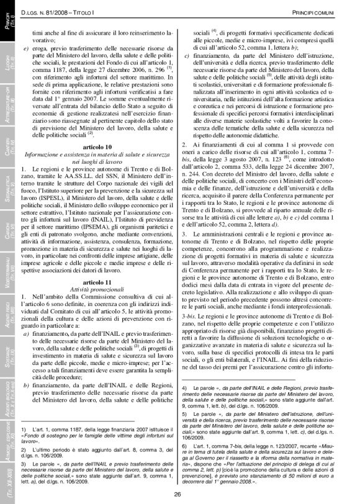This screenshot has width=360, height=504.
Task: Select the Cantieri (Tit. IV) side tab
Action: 7,148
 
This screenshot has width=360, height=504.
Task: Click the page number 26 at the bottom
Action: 178,494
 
